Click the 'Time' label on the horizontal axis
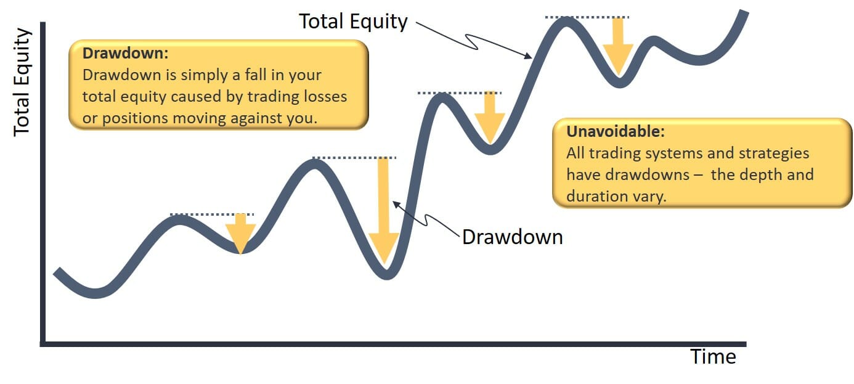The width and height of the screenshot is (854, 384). (713, 357)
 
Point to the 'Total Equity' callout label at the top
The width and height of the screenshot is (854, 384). (353, 22)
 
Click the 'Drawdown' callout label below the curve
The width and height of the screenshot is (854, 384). (512, 237)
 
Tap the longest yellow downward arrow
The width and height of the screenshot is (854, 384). (384, 210)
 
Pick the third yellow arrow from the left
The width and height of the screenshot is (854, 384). (490, 117)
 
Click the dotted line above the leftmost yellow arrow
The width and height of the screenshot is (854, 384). (211, 214)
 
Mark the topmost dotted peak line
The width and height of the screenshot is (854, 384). (587, 17)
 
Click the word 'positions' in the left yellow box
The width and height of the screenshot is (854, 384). (132, 118)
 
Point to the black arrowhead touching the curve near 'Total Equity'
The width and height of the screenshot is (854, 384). (529, 57)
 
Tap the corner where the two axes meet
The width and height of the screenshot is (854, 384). (43, 343)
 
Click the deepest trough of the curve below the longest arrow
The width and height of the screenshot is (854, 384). (386, 276)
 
